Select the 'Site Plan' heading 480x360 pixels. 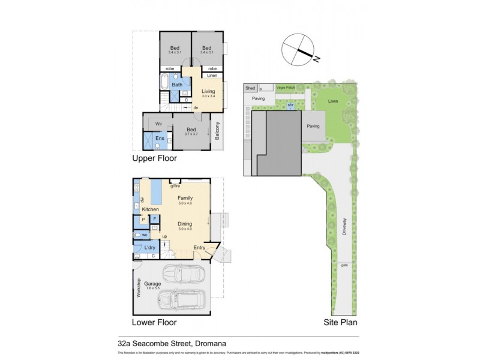[340, 322]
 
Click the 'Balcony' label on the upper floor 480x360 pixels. [218, 131]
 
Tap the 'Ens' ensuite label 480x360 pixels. [160, 139]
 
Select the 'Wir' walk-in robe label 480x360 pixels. [159, 124]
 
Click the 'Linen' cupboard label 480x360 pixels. [212, 76]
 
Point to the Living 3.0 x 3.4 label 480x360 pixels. [208, 93]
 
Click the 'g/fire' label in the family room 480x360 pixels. [176, 187]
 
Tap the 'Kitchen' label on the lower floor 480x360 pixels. [150, 209]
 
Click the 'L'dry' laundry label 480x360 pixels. [150, 248]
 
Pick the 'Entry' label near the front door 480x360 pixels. [199, 247]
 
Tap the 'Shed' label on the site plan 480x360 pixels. [250, 88]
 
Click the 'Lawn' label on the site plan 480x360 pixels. [333, 101]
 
